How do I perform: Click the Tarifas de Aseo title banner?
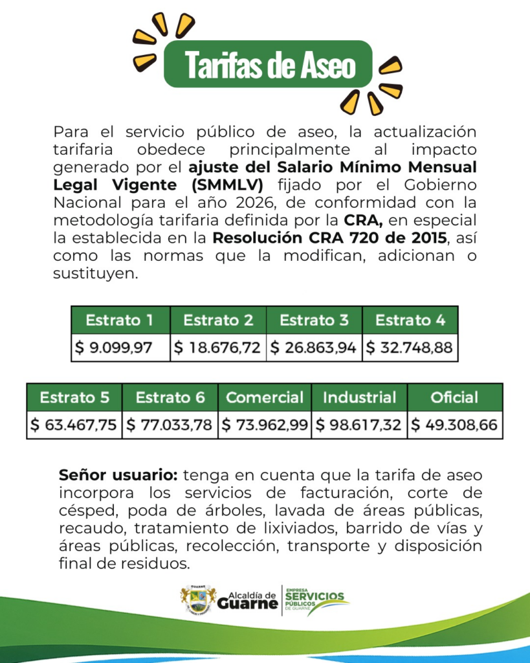point(269,64)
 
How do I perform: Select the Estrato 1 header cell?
point(120,320)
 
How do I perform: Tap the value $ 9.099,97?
point(120,348)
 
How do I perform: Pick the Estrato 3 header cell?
point(314,320)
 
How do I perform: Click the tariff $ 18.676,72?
point(217,348)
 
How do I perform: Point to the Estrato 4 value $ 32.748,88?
point(410,348)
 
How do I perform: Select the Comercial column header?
point(264,397)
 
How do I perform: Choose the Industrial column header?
point(359,397)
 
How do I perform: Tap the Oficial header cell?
point(454,397)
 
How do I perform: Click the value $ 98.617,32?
point(359,425)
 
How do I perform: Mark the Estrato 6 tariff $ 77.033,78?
point(170,425)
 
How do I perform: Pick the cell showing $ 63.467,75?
point(74,425)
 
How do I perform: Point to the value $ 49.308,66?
point(454,425)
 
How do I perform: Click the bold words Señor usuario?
point(118,474)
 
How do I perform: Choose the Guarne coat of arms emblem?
point(198,600)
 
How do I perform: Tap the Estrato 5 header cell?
point(74,397)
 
